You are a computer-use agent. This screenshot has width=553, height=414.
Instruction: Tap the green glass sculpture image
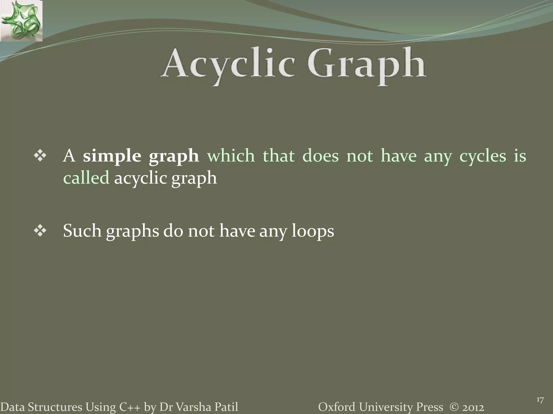point(21,21)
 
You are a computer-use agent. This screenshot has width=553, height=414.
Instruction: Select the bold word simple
point(112,156)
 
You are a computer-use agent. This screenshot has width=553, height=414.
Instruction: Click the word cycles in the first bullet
point(483,156)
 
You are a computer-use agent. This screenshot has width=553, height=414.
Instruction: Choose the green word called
point(86,178)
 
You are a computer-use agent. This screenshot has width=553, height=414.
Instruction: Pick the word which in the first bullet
point(231,156)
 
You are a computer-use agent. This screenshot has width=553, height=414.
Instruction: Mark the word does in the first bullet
point(320,156)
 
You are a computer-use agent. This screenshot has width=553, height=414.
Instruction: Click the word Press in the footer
point(429,407)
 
